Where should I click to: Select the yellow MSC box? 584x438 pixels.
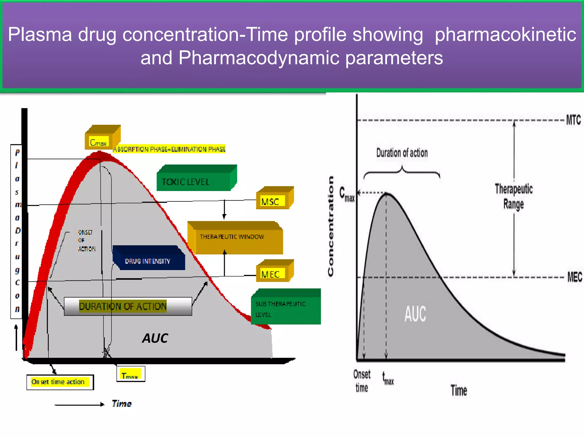(272, 201)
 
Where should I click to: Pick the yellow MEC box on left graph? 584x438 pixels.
(272, 274)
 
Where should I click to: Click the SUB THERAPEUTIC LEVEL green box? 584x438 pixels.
(285, 309)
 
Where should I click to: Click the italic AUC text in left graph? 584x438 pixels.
(155, 338)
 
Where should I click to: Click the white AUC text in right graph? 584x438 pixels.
(415, 314)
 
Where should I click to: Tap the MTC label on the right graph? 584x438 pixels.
(573, 120)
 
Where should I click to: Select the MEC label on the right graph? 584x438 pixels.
(574, 277)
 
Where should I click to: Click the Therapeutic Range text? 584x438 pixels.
(514, 196)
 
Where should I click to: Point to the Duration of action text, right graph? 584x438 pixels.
(402, 153)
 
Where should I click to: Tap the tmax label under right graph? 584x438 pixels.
(388, 379)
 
